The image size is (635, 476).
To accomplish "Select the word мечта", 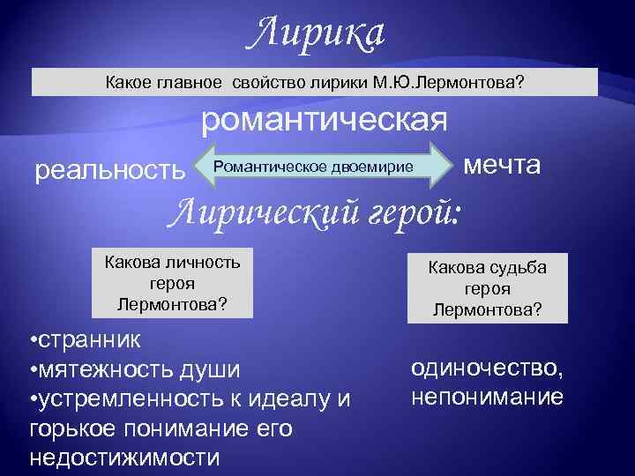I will [502, 165].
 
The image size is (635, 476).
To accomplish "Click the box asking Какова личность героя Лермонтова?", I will [172, 283].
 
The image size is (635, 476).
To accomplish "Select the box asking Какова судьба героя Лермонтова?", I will [488, 290].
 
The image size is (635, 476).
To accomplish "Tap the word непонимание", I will [487, 397].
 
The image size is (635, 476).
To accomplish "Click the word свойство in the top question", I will [268, 83].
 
